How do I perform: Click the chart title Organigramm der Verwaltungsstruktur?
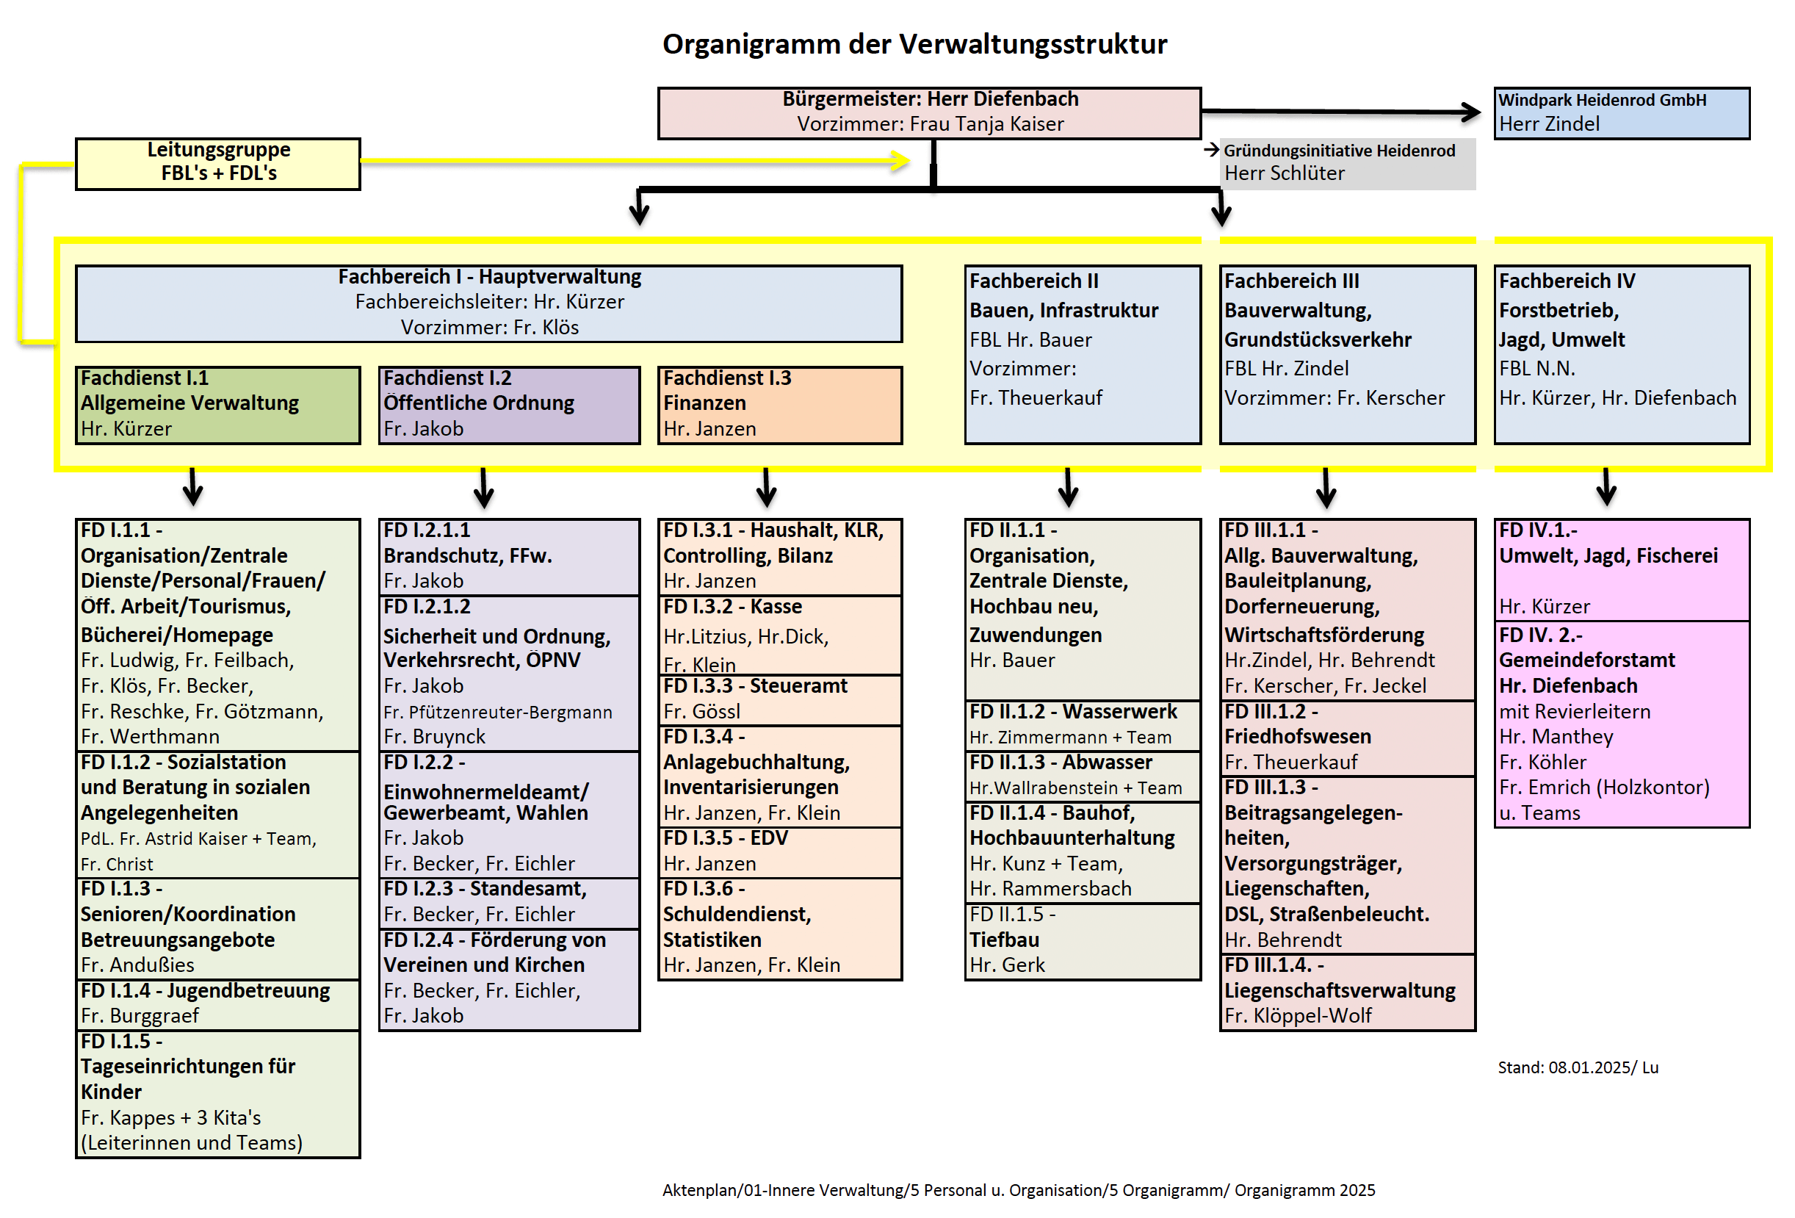(914, 44)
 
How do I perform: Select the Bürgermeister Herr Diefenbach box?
(929, 112)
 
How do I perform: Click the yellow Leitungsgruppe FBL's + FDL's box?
(218, 162)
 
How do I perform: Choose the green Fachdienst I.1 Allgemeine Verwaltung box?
(218, 404)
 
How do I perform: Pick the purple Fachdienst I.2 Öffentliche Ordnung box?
(509, 404)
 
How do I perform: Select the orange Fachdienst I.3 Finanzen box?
(779, 404)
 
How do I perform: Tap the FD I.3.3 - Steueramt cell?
(779, 698)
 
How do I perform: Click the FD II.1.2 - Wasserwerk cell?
(1082, 724)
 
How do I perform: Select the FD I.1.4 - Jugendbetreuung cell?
(218, 1003)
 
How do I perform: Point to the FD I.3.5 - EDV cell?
(779, 851)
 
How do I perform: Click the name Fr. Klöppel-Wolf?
(1298, 1016)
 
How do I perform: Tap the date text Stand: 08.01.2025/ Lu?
(1577, 1067)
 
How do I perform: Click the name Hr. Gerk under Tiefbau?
(1006, 965)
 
